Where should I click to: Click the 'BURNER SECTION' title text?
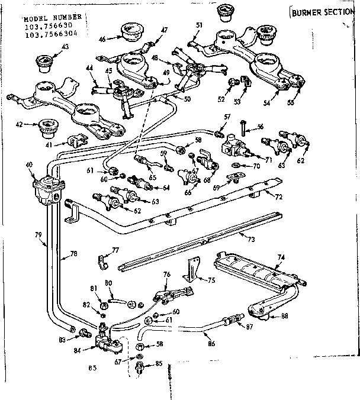[x=324, y=11]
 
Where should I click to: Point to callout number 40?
[x=30, y=165]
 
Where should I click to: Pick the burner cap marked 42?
[x=44, y=125]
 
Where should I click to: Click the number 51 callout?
[x=200, y=24]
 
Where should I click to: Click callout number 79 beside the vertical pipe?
[x=38, y=235]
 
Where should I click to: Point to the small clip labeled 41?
[x=76, y=140]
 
